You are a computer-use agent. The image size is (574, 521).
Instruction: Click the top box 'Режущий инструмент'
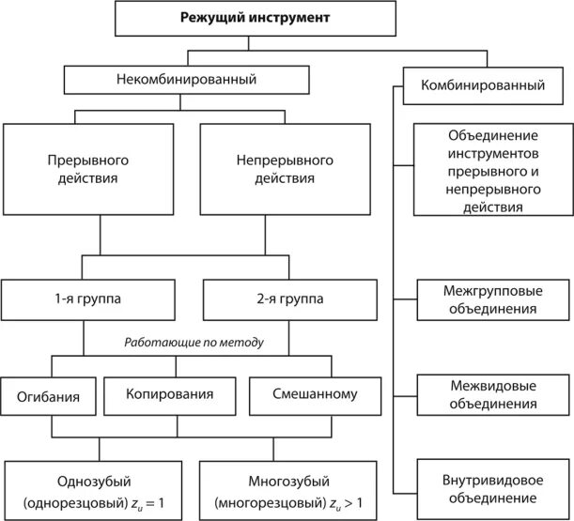(x=249, y=18)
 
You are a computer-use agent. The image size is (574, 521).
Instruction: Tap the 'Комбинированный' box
(x=487, y=85)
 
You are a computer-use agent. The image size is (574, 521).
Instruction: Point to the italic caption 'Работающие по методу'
(x=194, y=343)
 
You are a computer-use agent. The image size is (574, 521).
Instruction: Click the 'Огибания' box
(x=46, y=396)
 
